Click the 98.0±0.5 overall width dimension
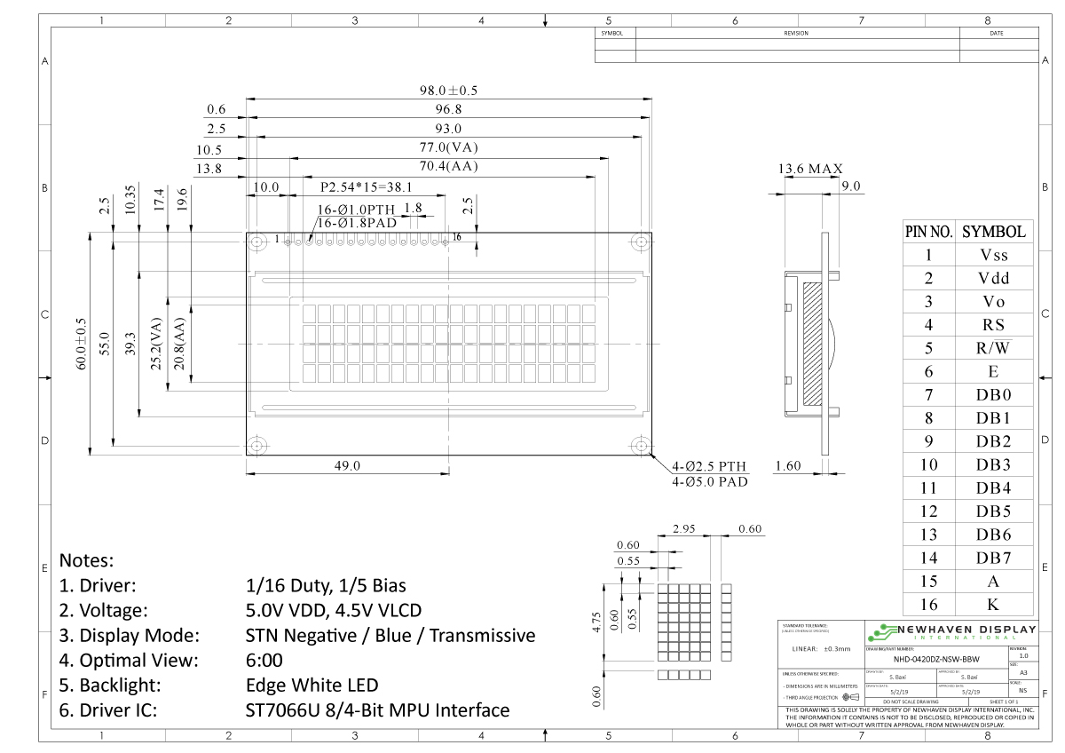click(449, 91)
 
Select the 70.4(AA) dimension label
click(449, 167)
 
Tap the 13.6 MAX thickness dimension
click(810, 169)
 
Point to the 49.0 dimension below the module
click(347, 465)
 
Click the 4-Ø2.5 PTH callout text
click(709, 466)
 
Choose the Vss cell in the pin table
click(994, 255)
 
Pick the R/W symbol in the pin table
click(994, 348)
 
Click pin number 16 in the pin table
click(928, 605)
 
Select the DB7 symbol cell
click(994, 558)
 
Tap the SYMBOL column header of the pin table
click(994, 232)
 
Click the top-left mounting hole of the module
click(257, 242)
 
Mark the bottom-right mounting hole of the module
click(640, 445)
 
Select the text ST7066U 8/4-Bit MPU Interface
click(377, 710)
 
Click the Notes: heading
click(86, 561)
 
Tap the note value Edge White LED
click(312, 686)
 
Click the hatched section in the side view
click(812, 343)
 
